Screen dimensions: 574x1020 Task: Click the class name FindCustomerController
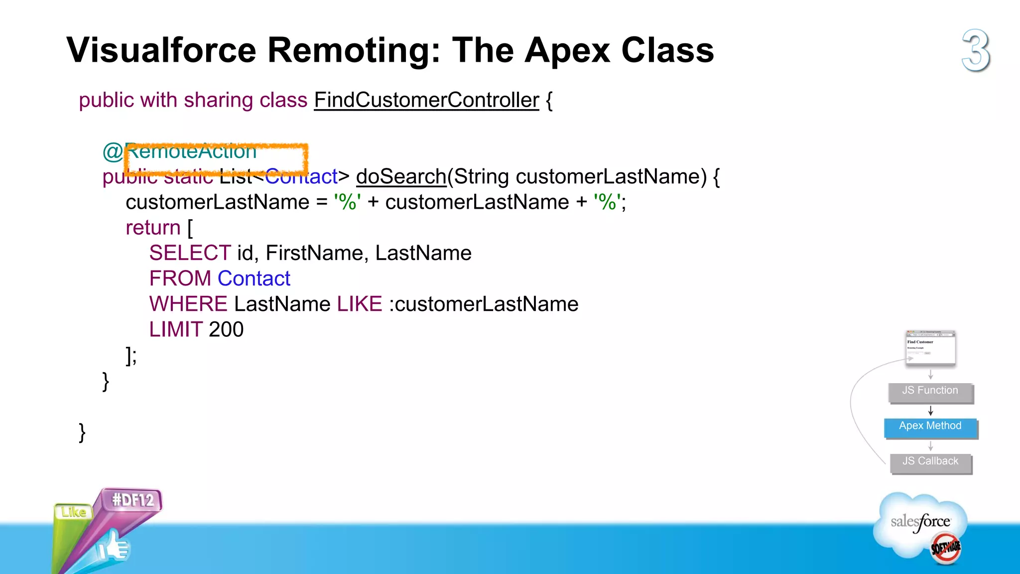[426, 100]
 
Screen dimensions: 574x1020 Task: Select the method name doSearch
[401, 176]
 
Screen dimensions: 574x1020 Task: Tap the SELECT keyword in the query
[190, 253]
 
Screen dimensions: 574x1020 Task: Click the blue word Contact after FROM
[254, 279]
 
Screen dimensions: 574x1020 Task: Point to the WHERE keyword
[188, 304]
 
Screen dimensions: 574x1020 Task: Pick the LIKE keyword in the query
[360, 304]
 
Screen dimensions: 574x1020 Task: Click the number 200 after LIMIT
[226, 329]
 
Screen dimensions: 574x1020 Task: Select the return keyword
[153, 228]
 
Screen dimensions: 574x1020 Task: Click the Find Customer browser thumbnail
[930, 348]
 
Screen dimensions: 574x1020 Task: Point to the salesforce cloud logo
[921, 523]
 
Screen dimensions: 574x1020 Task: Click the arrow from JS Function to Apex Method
[930, 411]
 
